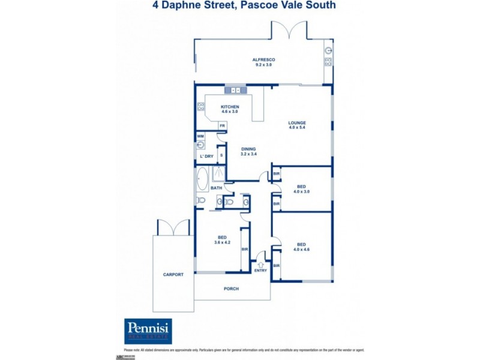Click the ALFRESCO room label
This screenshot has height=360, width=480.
(263, 60)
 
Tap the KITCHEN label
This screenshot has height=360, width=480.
(230, 107)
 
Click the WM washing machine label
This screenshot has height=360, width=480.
(200, 136)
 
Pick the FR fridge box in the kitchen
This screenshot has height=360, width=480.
(222, 125)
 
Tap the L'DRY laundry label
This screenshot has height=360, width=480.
(206, 157)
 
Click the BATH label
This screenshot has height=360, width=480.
(216, 188)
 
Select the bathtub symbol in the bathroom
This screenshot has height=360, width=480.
(201, 179)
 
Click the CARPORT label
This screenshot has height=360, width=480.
(173, 274)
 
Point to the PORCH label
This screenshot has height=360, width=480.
(231, 289)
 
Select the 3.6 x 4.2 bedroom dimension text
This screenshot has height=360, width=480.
(223, 242)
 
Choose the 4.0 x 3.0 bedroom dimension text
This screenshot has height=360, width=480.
(302, 192)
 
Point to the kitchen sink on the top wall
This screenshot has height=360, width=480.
(233, 91)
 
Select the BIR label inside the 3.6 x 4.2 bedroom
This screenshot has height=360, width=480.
(245, 249)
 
